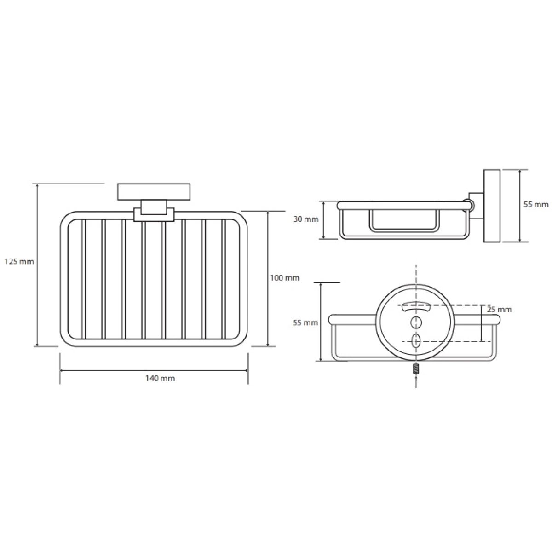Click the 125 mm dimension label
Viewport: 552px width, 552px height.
point(19,261)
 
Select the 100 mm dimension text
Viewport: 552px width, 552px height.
point(284,277)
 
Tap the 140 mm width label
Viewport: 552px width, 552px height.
point(160,378)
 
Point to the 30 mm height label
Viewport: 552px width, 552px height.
point(305,219)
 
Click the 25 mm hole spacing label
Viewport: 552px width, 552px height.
point(499,310)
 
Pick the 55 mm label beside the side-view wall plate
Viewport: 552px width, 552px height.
point(536,205)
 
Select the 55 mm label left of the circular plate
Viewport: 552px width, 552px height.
point(305,322)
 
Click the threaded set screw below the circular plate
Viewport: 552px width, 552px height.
point(416,368)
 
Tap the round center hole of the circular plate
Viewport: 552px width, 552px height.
point(416,322)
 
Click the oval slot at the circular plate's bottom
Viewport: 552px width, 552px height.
point(416,341)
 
